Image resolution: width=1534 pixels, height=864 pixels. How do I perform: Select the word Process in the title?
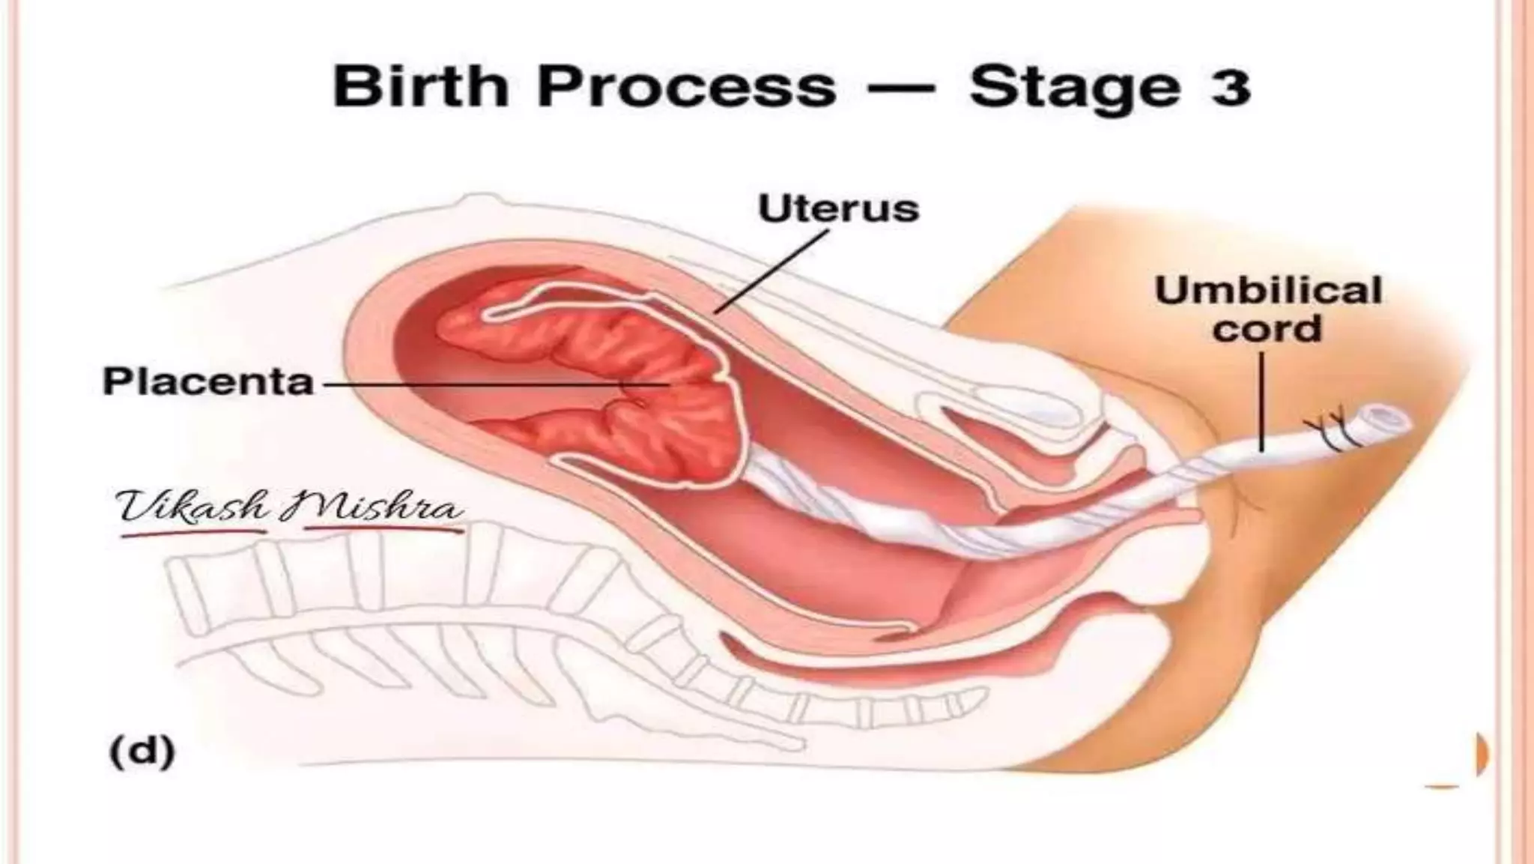click(x=685, y=87)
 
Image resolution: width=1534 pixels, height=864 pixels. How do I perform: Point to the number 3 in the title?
click(x=1228, y=87)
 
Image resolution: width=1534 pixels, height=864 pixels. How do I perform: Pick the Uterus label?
click(x=837, y=209)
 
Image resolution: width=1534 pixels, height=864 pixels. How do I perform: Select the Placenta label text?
click(x=207, y=381)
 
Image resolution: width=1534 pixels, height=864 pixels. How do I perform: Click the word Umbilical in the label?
click(x=1267, y=291)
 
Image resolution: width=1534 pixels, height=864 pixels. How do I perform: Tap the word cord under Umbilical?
click(x=1267, y=329)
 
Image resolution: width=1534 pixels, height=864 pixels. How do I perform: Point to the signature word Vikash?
click(x=192, y=507)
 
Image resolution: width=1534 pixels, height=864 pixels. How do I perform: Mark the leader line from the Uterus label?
click(x=771, y=271)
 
